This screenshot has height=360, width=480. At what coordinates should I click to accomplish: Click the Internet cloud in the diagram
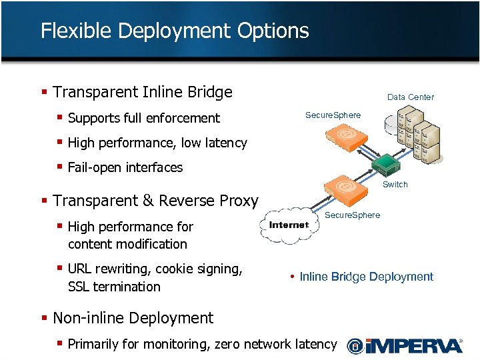coord(288,225)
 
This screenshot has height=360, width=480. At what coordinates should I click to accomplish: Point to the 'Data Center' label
coord(410,97)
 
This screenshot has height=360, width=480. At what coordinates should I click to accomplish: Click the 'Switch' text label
coord(395,185)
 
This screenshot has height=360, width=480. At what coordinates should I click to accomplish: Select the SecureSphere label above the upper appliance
coord(333,115)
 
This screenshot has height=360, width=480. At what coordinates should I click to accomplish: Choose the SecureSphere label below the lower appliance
coord(352,215)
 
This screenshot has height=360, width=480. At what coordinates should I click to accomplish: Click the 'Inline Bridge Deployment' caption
coord(366,277)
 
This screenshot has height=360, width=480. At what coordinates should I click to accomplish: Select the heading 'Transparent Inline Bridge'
coord(142,92)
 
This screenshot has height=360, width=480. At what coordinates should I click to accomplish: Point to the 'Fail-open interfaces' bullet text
coord(125,167)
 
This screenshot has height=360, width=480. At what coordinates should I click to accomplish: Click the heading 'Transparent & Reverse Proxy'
coord(155,201)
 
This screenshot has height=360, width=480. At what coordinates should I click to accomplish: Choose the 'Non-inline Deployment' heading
coord(133,318)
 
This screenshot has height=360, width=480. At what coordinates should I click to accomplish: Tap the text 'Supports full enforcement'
coord(143,118)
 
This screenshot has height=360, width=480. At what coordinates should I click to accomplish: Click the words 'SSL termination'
coord(114,287)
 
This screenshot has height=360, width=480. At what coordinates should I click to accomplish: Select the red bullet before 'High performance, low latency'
coord(60,142)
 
